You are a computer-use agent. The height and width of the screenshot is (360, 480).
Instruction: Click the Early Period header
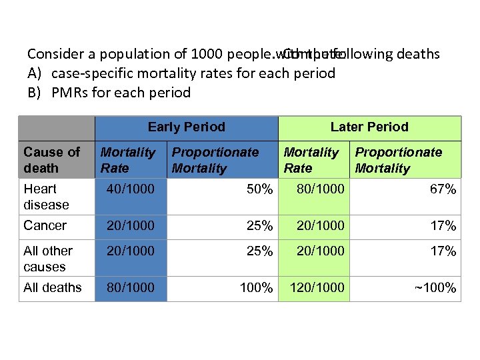(186, 127)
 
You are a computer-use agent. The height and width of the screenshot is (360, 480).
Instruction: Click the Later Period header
(369, 127)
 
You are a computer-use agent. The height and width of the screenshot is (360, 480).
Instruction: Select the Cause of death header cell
(51, 160)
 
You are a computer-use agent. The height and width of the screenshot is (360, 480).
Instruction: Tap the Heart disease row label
(46, 197)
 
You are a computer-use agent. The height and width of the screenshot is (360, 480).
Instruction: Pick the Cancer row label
(45, 225)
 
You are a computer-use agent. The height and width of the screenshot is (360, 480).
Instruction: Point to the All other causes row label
(48, 259)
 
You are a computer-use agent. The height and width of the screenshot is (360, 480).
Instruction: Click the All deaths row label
(52, 287)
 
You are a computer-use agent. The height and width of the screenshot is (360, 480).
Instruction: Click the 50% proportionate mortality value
(259, 189)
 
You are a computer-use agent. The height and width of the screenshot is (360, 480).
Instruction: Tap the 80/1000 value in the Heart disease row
(321, 189)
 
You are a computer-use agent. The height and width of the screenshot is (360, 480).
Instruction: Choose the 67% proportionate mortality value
(443, 189)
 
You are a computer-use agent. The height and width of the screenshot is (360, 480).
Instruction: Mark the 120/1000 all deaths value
(317, 287)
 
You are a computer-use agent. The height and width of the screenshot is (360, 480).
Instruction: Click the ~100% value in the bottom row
(435, 288)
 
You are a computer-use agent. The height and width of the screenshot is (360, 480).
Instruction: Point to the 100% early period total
(256, 288)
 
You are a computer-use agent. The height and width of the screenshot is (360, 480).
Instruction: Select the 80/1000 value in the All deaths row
(130, 287)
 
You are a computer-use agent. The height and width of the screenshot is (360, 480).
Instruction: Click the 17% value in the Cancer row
(443, 226)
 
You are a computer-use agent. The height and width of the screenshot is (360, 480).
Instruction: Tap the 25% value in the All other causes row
(259, 251)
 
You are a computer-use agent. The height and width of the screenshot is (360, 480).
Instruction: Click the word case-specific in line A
(91, 73)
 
